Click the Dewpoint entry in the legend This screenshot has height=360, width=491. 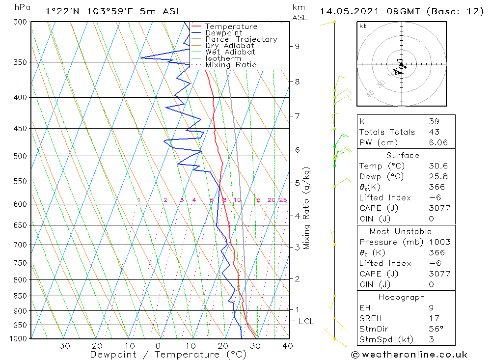tap(224, 33)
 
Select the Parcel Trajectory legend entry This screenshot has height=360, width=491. tap(241, 39)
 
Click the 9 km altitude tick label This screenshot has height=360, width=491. tap(297, 46)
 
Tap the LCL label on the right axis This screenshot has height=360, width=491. tap(306, 322)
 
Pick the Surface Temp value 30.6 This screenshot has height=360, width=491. tap(437, 166)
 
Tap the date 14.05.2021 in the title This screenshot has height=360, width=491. tap(344, 11)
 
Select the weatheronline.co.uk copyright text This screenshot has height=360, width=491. tap(409, 355)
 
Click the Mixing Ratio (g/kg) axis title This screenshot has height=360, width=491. tap(307, 208)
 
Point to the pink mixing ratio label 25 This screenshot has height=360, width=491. tap(283, 200)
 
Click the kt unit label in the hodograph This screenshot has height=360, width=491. tap(362, 26)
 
